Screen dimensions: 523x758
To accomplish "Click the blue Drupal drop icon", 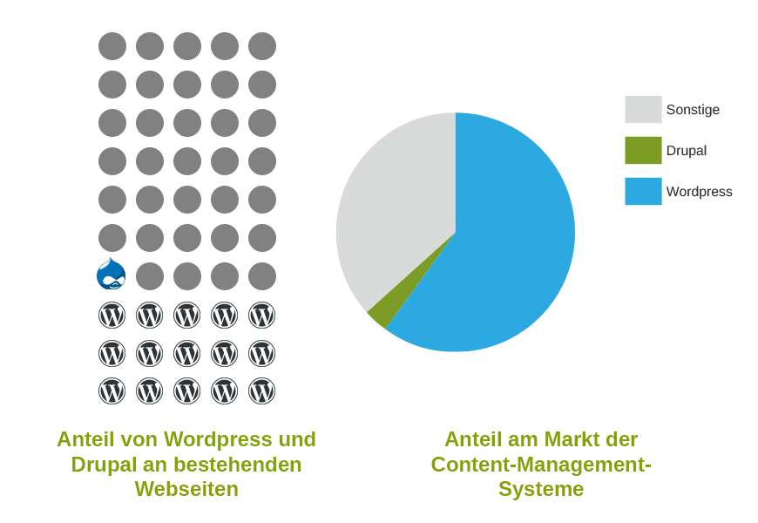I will (x=112, y=275).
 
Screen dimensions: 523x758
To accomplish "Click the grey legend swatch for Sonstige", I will (x=643, y=109).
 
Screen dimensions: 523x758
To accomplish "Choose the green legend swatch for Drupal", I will (x=643, y=150).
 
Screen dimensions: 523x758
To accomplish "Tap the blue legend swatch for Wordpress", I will (x=643, y=191).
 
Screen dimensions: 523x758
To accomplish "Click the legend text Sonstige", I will (x=693, y=110).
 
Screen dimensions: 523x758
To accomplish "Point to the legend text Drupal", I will (x=686, y=151).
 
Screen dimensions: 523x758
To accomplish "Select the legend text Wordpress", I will (x=699, y=192).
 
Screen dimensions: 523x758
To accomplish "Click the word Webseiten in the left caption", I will (x=186, y=489).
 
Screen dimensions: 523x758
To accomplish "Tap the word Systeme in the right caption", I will (x=541, y=489).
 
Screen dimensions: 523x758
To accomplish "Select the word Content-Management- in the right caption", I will (x=541, y=465).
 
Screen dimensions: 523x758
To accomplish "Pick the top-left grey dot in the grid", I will (x=112, y=46).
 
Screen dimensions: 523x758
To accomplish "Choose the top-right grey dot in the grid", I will (x=262, y=46).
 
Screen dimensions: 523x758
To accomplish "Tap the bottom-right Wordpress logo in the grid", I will (x=262, y=391).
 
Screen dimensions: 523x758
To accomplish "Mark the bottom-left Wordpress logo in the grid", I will (x=112, y=391).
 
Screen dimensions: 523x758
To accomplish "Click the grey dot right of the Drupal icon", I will (x=150, y=276).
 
